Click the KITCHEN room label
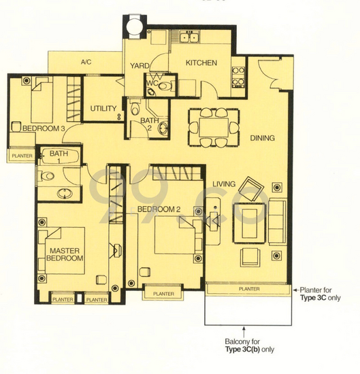coord(201,63)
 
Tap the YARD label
coord(140,66)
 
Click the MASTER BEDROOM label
coord(65,255)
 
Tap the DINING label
coord(262,138)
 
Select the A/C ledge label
coord(86,63)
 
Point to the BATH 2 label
coord(150,126)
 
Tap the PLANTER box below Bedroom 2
coord(163,294)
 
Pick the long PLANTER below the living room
coord(248,289)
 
